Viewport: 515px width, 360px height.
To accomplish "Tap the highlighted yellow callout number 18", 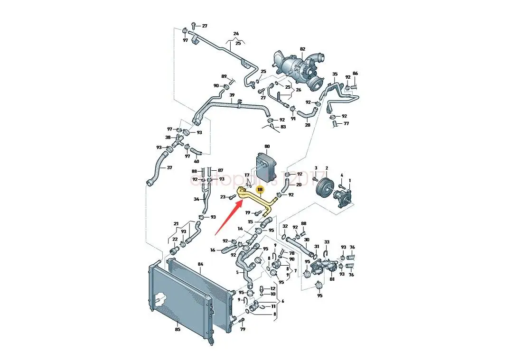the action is tap(260, 189).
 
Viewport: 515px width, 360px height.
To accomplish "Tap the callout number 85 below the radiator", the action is tap(178, 329).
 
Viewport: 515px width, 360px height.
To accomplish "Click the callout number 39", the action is tap(232, 95).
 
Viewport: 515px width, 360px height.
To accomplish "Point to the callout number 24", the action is tap(235, 33).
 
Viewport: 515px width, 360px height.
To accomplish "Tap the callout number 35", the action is tap(335, 74).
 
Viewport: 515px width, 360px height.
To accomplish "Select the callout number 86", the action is tap(355, 74).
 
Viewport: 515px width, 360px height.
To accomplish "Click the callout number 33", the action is tap(327, 242).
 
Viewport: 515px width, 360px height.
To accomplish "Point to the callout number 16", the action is tap(213, 250).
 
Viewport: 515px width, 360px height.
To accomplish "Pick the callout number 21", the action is tap(176, 224).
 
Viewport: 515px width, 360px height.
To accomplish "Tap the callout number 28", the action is tap(307, 125).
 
